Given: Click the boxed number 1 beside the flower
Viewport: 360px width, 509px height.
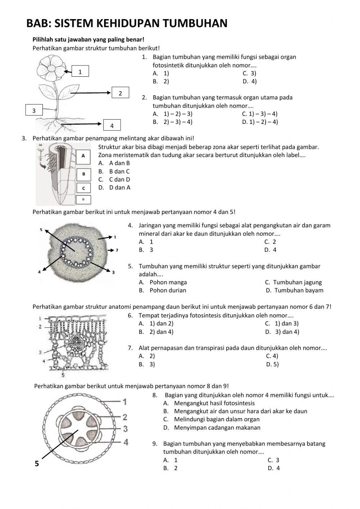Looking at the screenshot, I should (80, 72).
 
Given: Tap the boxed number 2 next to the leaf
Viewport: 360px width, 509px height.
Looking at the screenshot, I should (120, 93).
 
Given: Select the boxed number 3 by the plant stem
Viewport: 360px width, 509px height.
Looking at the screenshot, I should (34, 110).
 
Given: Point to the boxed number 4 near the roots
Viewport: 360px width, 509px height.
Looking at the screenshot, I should (112, 125).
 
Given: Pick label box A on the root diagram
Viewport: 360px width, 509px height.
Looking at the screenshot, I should (84, 156).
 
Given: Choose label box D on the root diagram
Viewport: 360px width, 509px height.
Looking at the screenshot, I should (84, 199).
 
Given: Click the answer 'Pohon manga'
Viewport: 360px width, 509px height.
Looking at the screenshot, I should (168, 282).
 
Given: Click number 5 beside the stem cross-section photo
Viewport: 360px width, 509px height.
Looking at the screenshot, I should (41, 229).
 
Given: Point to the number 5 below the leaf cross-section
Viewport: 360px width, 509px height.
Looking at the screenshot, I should (63, 375).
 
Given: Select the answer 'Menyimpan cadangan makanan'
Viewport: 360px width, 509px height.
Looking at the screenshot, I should (217, 428).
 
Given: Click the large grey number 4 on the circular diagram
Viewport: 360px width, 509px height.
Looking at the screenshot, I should (126, 442).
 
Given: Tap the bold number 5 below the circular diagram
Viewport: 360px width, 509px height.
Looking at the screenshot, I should (37, 464).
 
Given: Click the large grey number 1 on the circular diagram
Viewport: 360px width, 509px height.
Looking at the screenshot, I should (125, 401).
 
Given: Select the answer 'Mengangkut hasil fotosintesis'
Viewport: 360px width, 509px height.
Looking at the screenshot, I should (214, 403).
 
